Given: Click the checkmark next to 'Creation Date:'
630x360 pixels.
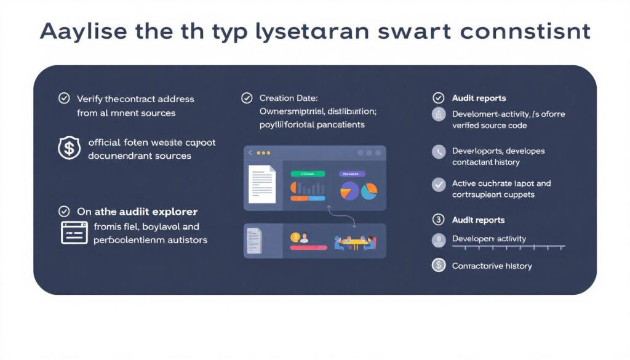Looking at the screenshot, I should click(x=247, y=98).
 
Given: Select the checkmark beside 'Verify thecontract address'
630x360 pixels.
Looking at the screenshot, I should click(x=63, y=98).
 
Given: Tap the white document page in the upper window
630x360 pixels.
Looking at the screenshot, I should click(x=261, y=183).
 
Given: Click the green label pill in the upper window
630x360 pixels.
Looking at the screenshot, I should click(x=307, y=174).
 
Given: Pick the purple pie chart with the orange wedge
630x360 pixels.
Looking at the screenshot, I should click(x=349, y=191).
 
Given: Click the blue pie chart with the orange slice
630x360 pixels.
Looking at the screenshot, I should click(x=369, y=191).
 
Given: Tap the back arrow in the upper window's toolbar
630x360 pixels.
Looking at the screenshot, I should click(x=250, y=153).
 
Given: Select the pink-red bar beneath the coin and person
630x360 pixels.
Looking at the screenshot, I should click(x=308, y=247).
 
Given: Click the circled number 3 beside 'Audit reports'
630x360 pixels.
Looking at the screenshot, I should click(x=439, y=220).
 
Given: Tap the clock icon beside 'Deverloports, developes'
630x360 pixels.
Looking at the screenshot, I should click(x=439, y=152).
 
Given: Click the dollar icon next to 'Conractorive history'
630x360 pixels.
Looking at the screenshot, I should click(x=439, y=265).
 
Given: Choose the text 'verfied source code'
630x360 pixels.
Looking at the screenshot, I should click(x=489, y=126).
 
